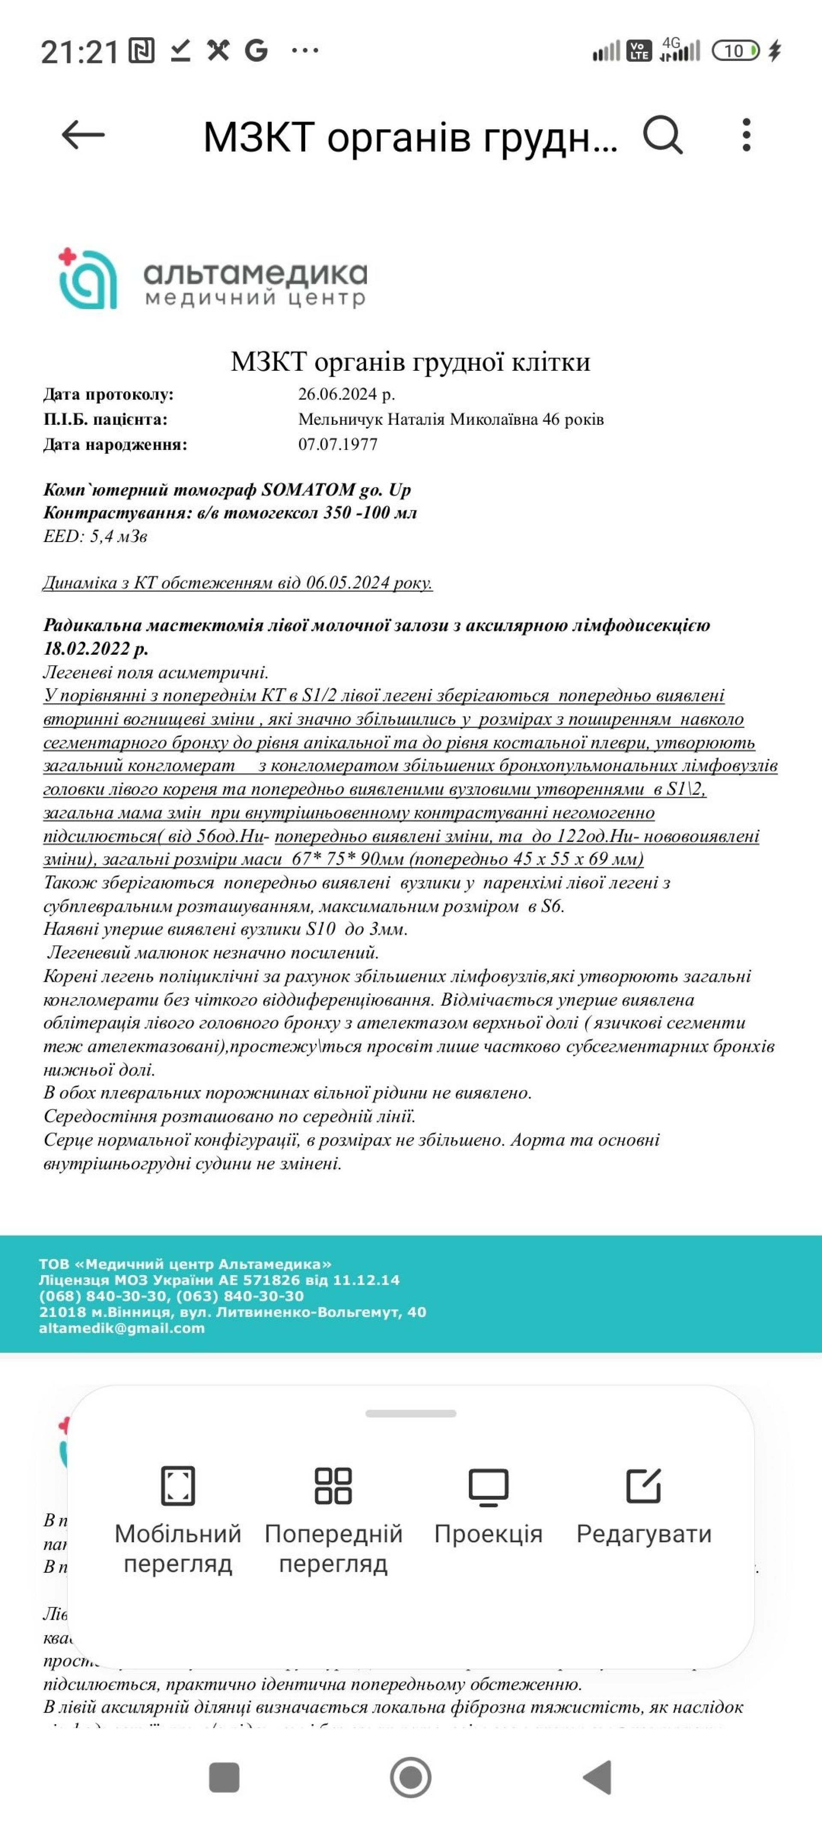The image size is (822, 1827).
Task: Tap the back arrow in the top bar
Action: tap(83, 135)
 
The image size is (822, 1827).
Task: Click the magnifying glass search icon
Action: tap(662, 135)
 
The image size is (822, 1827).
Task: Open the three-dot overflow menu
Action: tap(746, 135)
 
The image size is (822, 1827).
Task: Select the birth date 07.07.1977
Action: tap(338, 445)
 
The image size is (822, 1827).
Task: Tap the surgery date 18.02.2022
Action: tap(96, 648)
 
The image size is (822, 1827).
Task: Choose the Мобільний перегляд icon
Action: tap(178, 1486)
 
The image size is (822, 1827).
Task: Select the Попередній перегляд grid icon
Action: tap(334, 1486)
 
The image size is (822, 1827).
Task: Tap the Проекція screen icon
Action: tap(488, 1486)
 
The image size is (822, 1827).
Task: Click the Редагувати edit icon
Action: tap(643, 1486)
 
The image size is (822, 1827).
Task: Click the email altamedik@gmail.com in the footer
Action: tap(122, 1329)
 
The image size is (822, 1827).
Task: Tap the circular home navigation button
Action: tap(411, 1777)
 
